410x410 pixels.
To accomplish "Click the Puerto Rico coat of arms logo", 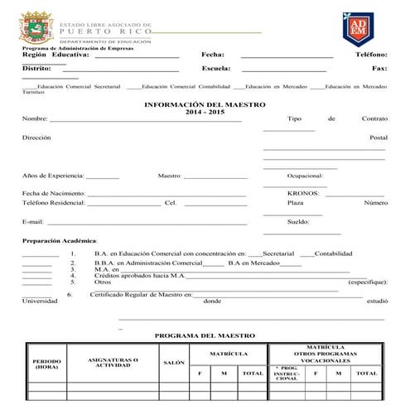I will click(x=34, y=27).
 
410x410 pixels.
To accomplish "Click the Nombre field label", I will click(x=35, y=119).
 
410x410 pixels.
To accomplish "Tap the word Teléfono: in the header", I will click(x=371, y=54).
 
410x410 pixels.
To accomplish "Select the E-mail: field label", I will click(x=32, y=222).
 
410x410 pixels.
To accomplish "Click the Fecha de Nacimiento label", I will click(x=54, y=192).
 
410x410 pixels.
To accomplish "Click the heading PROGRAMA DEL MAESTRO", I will click(x=205, y=335).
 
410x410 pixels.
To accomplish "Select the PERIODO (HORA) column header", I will click(x=46, y=364).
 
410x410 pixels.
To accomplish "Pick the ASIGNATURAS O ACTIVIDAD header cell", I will click(x=113, y=362).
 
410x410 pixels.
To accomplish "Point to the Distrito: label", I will click(x=37, y=68).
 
